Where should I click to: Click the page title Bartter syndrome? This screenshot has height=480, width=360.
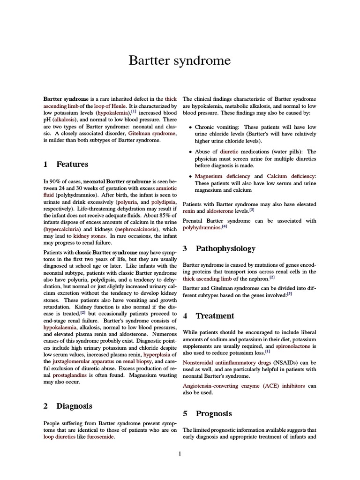click(180, 60)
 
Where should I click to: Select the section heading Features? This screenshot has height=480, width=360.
click(72, 164)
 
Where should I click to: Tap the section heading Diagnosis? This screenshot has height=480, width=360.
click(74, 406)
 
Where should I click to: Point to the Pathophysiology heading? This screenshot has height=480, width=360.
click(225, 248)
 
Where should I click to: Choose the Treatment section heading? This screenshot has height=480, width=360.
click(215, 316)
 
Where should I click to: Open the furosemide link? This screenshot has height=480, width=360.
click(100, 436)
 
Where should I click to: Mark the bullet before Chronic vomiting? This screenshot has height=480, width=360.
click(189, 127)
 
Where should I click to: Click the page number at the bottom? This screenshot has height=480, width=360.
click(180, 453)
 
